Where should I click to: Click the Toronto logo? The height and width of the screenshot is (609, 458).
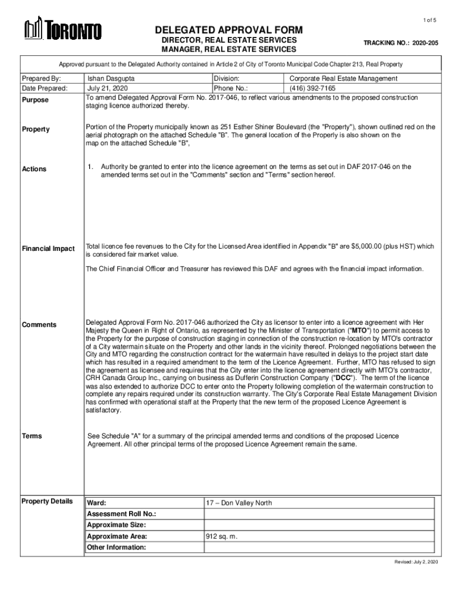click(62, 30)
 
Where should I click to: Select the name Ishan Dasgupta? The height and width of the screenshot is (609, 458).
click(111, 79)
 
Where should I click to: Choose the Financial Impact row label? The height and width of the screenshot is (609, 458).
click(48, 248)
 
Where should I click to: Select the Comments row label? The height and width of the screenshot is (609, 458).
click(39, 325)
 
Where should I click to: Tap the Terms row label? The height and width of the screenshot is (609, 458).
click(32, 436)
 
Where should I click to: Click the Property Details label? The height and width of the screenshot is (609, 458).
click(47, 501)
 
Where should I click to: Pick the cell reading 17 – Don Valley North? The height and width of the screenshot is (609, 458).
click(239, 503)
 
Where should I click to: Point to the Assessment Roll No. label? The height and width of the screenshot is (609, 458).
click(121, 514)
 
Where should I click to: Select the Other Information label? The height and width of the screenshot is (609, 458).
click(116, 547)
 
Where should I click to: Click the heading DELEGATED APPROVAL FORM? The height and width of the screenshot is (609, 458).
click(229, 30)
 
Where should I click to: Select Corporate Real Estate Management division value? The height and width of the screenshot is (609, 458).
click(344, 79)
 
